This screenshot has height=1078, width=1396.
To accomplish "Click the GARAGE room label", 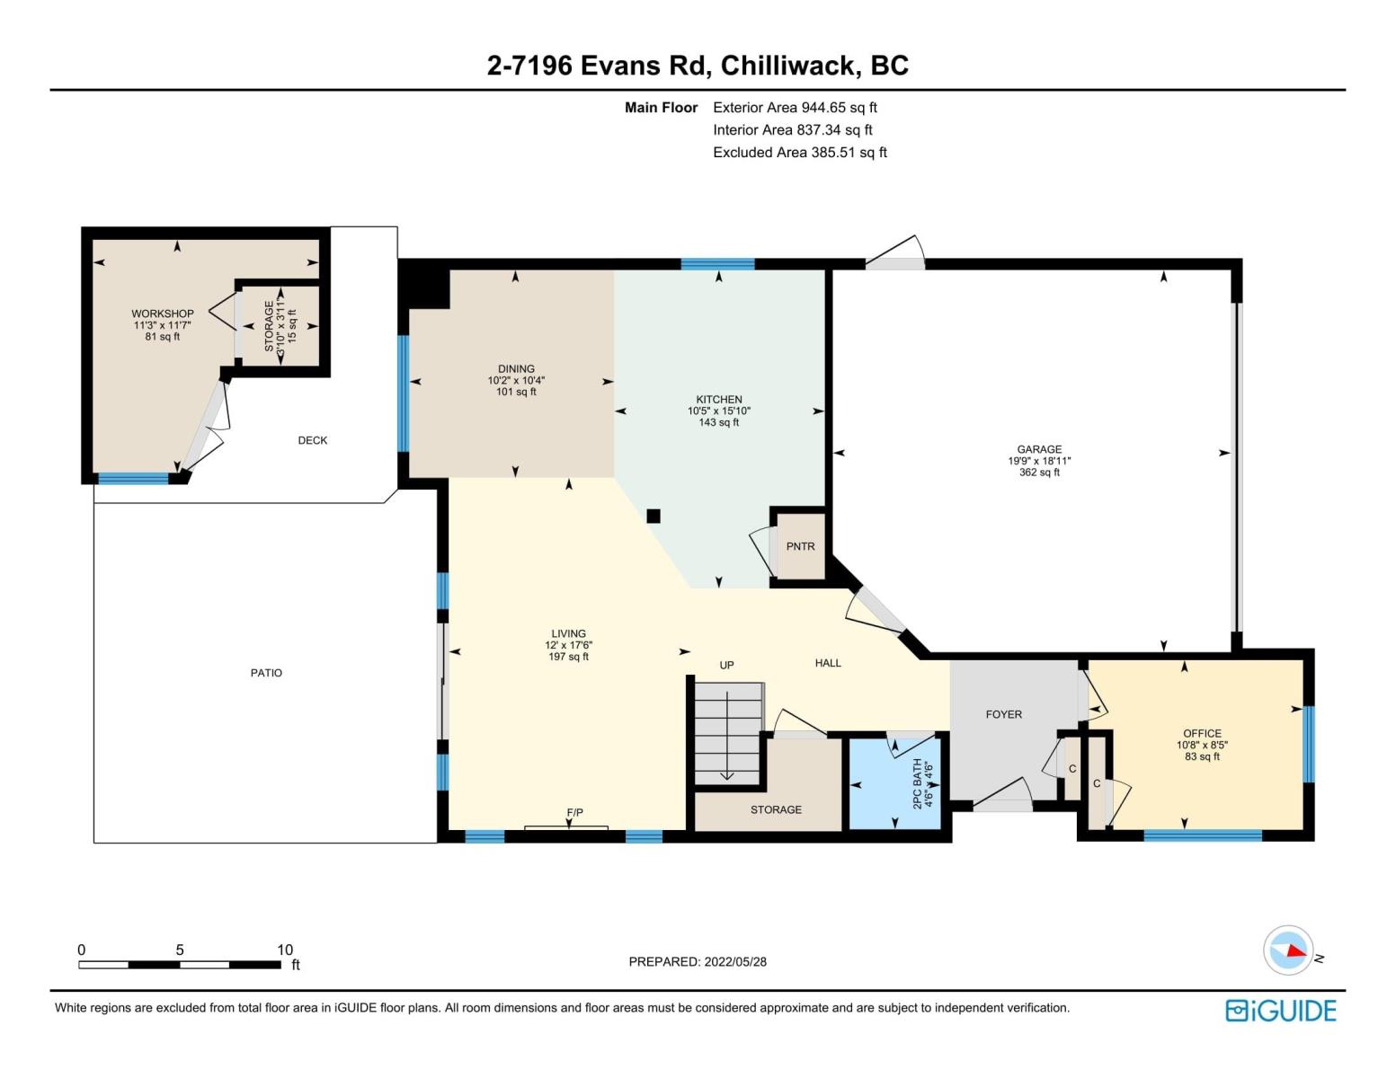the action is tap(1039, 449).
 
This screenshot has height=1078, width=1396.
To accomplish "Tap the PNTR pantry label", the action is tap(800, 546).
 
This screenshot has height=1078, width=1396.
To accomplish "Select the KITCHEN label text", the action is tap(719, 400).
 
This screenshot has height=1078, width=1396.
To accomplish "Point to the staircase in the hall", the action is tap(728, 732).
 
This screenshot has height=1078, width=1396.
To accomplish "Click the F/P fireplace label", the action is tap(575, 812).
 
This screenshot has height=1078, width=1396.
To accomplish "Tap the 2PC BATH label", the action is tap(918, 783).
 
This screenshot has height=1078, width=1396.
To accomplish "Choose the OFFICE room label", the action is tap(1202, 733).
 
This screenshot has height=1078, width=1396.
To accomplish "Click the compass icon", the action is tap(1287, 950).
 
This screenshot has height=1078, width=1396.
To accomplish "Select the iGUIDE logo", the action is tap(1280, 1011).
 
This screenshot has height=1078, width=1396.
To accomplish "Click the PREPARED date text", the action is tap(698, 961).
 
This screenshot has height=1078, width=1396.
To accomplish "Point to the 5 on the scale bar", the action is tap(180, 950).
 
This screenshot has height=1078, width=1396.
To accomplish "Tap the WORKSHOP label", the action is tap(163, 314).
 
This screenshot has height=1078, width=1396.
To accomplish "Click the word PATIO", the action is tap(266, 672).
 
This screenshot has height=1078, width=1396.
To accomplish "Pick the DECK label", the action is tap(312, 440).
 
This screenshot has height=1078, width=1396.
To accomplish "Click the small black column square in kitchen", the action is tap(654, 516).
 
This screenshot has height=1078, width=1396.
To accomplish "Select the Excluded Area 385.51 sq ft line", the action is tap(800, 152).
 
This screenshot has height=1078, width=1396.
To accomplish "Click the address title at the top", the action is tap(698, 65).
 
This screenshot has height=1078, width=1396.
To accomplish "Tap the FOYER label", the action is tap(1003, 714).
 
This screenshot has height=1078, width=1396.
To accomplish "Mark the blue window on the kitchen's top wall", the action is tap(717, 264).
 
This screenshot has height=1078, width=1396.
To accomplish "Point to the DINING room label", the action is tap(516, 368).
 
